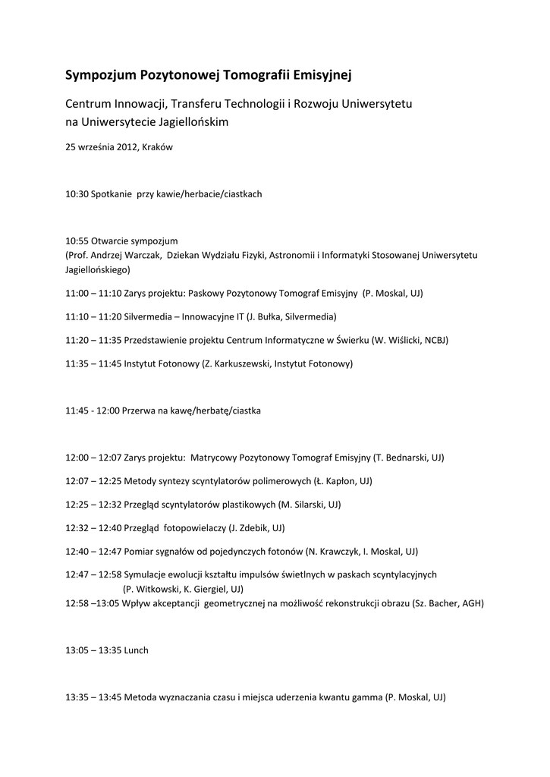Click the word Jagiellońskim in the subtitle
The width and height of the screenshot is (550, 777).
tap(194, 121)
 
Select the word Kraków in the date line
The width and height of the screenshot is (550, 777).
tap(158, 147)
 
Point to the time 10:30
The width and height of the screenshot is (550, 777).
tap(77, 194)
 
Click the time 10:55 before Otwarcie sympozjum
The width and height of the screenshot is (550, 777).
tap(77, 241)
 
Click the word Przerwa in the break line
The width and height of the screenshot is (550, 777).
tap(139, 411)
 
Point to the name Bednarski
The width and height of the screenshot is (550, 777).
tap(404, 458)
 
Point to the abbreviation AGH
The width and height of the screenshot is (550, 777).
tap(472, 603)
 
